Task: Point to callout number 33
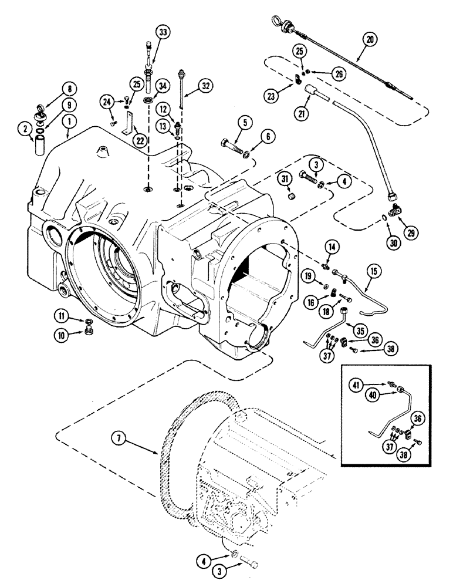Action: coord(163,32)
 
